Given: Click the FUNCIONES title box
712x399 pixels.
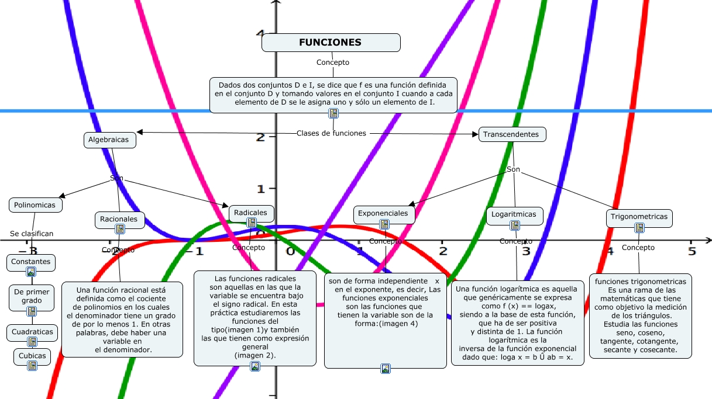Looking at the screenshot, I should point(331,43).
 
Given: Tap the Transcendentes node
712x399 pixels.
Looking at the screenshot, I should point(512,134).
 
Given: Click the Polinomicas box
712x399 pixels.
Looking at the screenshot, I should point(36,205).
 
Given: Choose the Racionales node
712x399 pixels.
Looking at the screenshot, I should point(119,220).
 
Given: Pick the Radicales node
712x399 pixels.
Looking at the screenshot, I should point(251,213).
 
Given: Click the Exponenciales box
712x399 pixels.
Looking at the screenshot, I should point(384,214).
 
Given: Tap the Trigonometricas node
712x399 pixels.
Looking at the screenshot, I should point(639,217).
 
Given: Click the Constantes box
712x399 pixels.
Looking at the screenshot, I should point(32,262).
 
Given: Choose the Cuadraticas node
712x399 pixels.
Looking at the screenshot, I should point(32,332).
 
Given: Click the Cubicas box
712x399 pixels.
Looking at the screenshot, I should point(32,356).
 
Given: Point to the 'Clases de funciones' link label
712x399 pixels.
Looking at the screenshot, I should point(331,133).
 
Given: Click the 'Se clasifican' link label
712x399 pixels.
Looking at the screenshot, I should point(32,234).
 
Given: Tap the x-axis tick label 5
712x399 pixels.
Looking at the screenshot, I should point(692,251).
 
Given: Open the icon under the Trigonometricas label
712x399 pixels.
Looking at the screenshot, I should point(639,227).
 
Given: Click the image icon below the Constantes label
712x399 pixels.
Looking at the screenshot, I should point(32,271).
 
